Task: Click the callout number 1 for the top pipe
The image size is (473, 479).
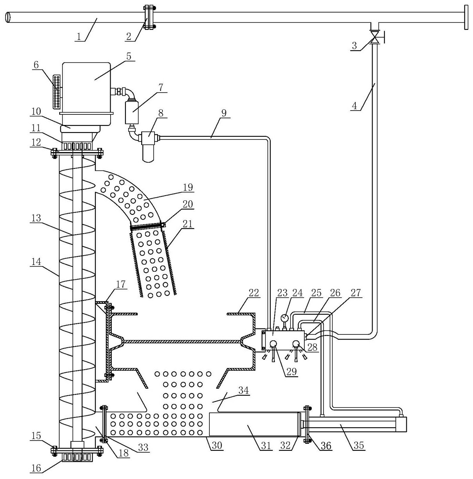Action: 79,37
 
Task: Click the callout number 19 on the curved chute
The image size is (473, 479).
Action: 188,187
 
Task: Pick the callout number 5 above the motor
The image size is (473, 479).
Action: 128,56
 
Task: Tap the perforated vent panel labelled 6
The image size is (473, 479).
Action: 57,91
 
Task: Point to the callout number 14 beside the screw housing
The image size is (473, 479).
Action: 36,261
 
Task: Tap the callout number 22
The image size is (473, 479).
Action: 254,292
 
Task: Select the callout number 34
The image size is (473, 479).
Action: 244,390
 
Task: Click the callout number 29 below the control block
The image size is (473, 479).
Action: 292,371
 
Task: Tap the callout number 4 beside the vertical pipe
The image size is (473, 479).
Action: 354,106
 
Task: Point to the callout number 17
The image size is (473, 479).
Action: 121,284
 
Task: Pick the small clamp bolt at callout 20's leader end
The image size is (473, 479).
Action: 163,224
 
